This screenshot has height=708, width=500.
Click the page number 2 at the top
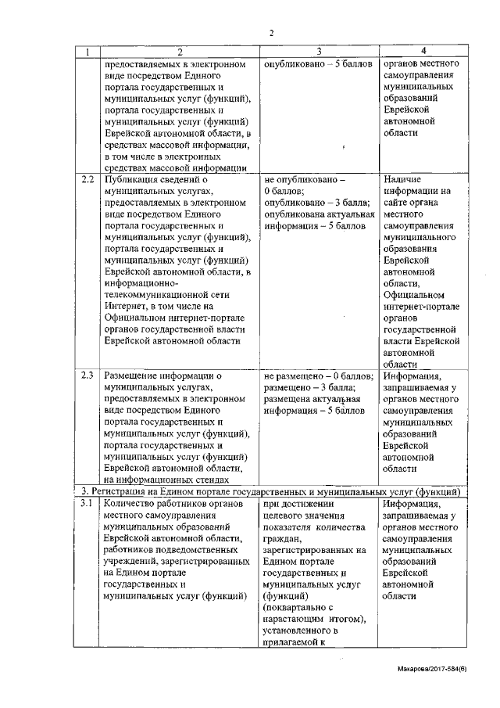click(271, 32)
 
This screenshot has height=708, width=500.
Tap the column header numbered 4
click(423, 52)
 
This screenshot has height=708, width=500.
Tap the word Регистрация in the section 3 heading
click(123, 491)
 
